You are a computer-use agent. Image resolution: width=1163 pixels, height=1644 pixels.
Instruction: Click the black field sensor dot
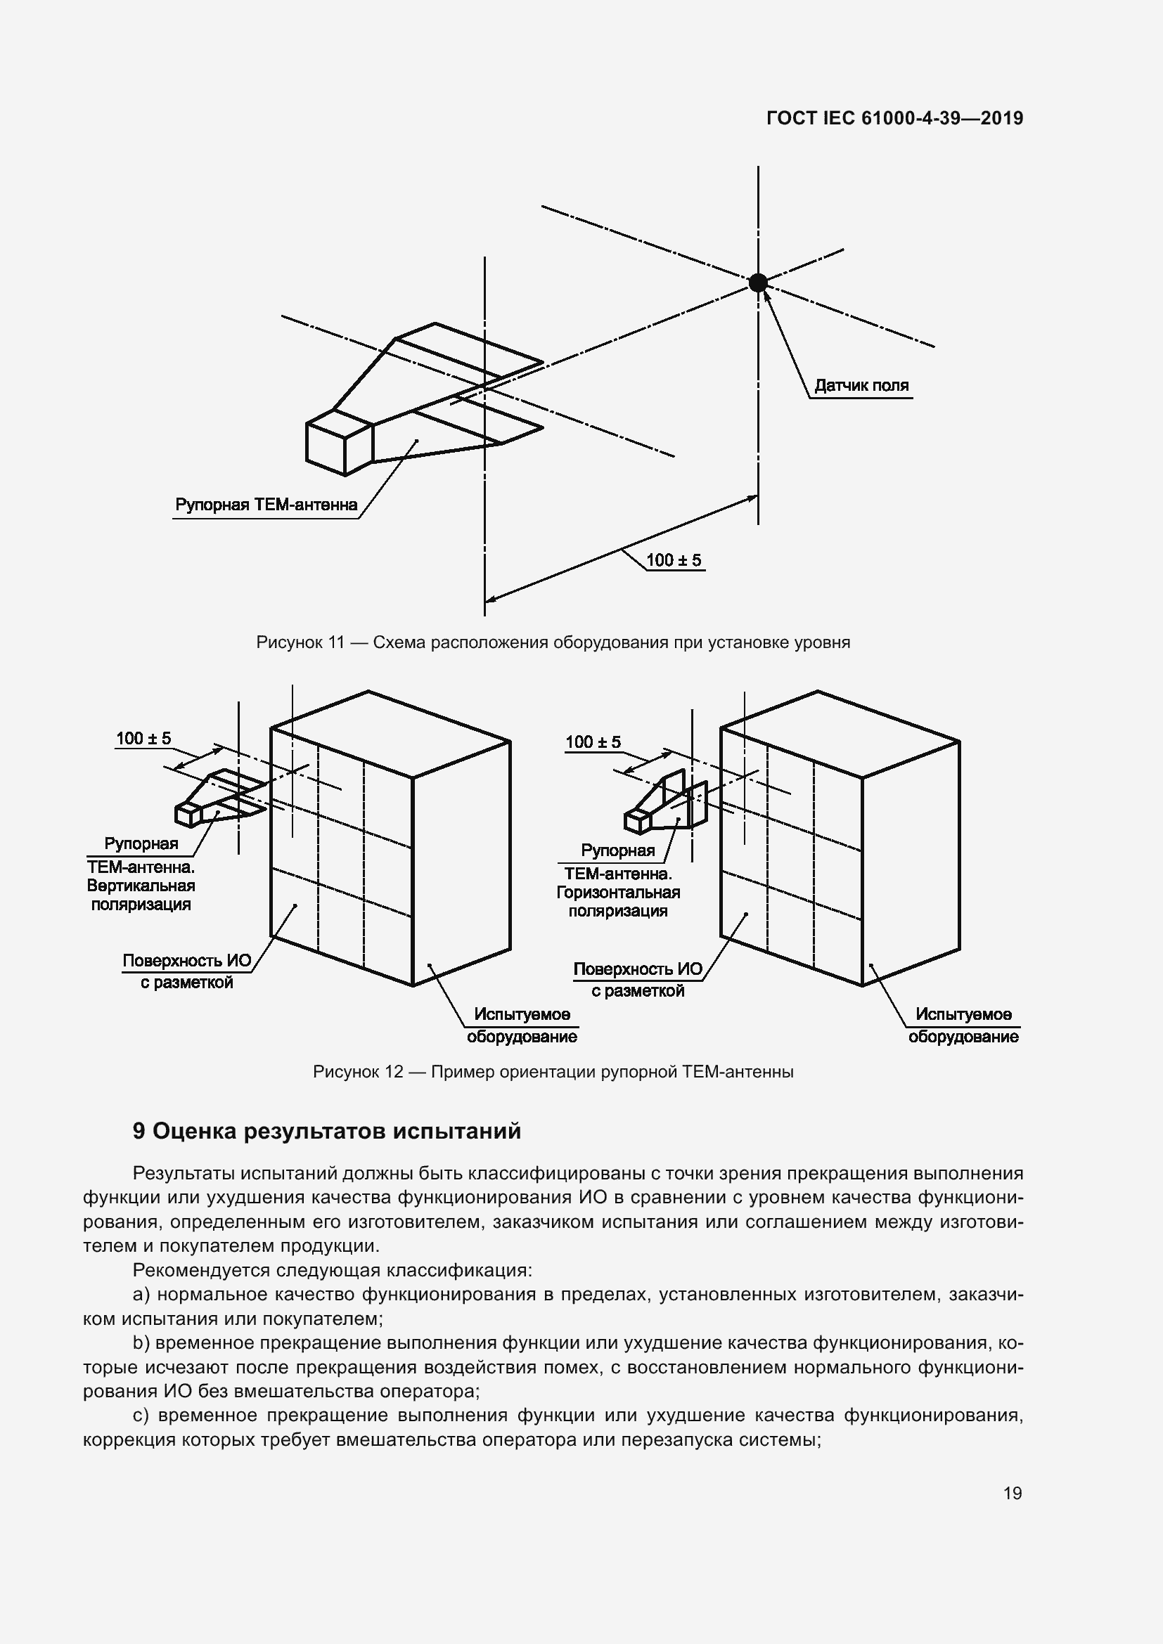[x=758, y=282]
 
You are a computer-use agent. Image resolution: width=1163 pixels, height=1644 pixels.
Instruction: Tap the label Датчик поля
[x=861, y=385]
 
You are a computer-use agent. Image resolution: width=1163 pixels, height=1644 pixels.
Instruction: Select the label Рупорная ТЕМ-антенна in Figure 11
[x=266, y=505]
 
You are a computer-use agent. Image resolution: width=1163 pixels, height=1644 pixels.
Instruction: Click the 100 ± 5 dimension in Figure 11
[x=674, y=560]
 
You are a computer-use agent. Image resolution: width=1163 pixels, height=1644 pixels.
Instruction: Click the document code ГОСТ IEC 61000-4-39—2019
[x=894, y=118]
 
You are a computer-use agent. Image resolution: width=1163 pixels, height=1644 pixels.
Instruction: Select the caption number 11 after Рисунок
[x=336, y=642]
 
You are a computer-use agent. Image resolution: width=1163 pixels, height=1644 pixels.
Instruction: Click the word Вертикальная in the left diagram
[x=141, y=886]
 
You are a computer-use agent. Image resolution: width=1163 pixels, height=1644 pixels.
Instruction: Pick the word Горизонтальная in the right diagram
[x=618, y=893]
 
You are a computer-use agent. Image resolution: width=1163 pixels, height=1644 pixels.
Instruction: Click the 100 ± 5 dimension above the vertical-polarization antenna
[x=144, y=738]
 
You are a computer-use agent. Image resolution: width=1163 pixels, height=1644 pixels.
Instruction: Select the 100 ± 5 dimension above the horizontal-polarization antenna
[x=593, y=742]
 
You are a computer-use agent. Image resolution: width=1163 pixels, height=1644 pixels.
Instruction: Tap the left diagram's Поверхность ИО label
[x=187, y=961]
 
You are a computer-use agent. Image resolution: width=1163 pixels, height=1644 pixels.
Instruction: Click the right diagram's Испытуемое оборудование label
[x=963, y=1025]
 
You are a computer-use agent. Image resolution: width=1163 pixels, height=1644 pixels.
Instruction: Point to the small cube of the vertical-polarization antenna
[x=188, y=814]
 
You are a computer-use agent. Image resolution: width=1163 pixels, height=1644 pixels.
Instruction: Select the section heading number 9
[x=139, y=1132]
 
